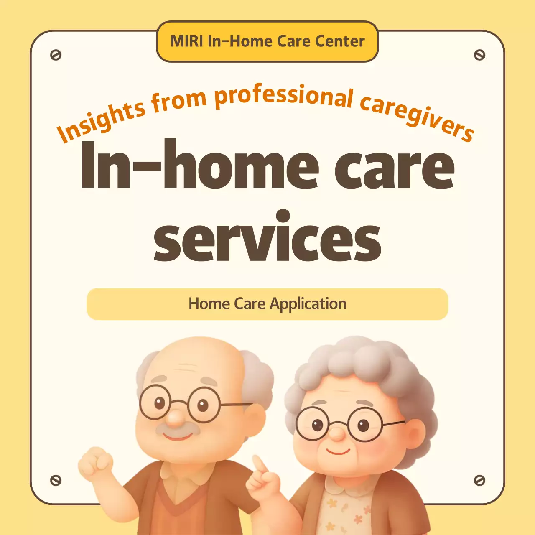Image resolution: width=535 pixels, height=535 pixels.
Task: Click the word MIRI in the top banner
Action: tap(187, 41)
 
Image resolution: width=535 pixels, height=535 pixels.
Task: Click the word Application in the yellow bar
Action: tap(308, 304)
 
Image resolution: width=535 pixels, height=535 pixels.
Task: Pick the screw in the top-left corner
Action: tap(56, 55)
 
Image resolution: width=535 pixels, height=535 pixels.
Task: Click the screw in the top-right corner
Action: tap(479, 55)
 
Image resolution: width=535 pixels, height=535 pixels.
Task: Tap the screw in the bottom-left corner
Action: tap(56, 480)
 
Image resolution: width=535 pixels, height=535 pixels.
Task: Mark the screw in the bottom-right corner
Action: tap(479, 480)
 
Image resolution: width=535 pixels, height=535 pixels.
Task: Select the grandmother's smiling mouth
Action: tap(338, 451)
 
